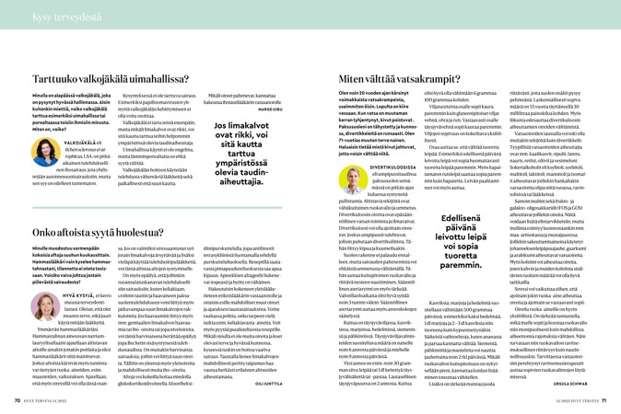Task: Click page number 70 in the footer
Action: (18, 400)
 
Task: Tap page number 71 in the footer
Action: (603, 400)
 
